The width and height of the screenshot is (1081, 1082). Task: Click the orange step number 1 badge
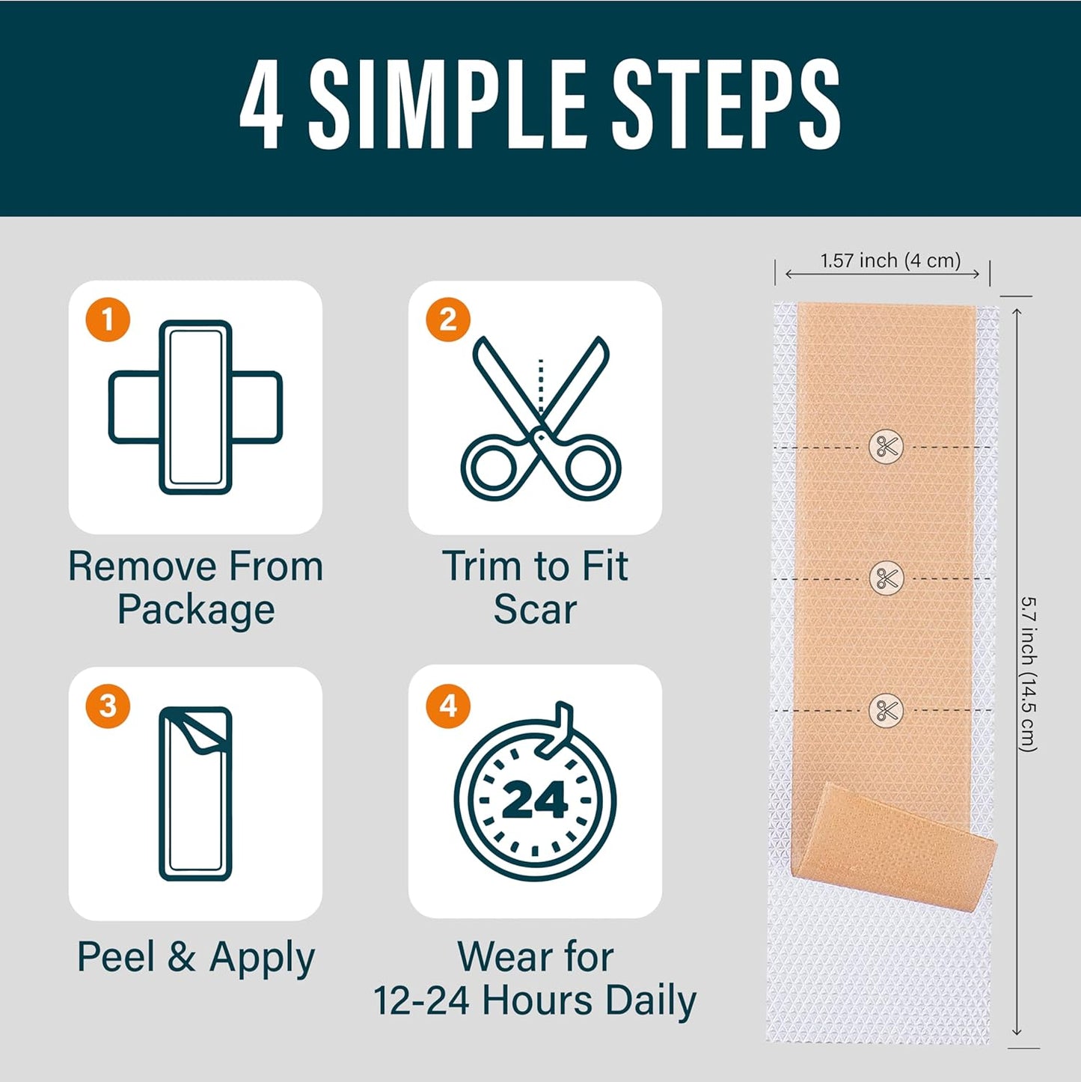(x=108, y=320)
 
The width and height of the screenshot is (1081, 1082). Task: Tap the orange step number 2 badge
(x=447, y=320)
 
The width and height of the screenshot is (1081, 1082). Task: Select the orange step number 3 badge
(x=108, y=706)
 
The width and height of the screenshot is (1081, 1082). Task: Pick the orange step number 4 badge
(x=447, y=706)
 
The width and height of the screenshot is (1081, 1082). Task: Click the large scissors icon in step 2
(x=540, y=419)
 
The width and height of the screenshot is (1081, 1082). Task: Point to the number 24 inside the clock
(x=535, y=801)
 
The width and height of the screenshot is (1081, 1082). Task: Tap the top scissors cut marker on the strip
(x=886, y=447)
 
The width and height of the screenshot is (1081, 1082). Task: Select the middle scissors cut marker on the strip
(x=886, y=578)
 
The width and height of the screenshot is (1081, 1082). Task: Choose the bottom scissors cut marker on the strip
(x=886, y=710)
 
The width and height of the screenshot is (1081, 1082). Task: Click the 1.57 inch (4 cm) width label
(x=890, y=260)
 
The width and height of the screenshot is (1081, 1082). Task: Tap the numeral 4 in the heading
(x=262, y=105)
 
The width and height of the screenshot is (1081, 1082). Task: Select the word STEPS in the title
(x=726, y=105)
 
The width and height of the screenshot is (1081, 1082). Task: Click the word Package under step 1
(x=196, y=609)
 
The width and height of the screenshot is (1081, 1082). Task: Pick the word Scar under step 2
(x=535, y=609)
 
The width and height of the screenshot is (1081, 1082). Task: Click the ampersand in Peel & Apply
(x=182, y=957)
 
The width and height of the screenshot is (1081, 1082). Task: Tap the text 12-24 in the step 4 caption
(x=423, y=1000)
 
